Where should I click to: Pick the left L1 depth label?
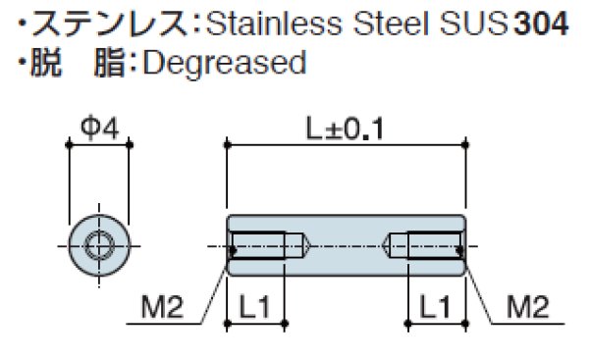(255, 307)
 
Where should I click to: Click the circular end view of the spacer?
(98, 244)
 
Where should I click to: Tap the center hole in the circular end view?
(98, 244)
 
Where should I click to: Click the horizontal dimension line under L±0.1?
(345, 143)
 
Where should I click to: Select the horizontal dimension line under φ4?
(98, 143)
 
